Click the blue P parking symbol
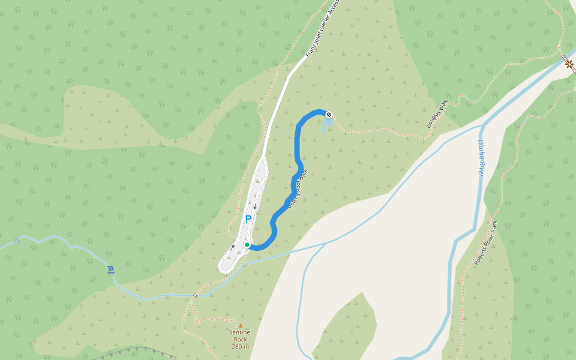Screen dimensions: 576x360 pyautogui.click(x=248, y=220)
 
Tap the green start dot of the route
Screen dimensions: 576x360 pyautogui.click(x=247, y=245)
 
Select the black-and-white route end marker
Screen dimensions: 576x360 pyautogui.click(x=328, y=114)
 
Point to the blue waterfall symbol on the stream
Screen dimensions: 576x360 pyautogui.click(x=111, y=269)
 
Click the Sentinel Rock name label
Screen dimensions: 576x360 pyautogui.click(x=240, y=335)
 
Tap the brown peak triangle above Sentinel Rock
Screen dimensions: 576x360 pyautogui.click(x=241, y=326)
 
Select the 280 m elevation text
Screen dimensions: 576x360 pyautogui.click(x=240, y=346)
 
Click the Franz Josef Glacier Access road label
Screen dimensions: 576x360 pyautogui.click(x=323, y=28)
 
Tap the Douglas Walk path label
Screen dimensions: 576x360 pyautogui.click(x=437, y=114)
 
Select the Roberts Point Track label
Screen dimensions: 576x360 pyautogui.click(x=487, y=242)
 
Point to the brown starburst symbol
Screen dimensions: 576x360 pyautogui.click(x=568, y=62)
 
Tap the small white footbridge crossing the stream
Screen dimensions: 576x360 pyautogui.click(x=196, y=295)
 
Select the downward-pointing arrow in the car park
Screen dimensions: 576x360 pyautogui.click(x=255, y=207)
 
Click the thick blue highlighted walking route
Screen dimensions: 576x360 pyautogui.click(x=298, y=150)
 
